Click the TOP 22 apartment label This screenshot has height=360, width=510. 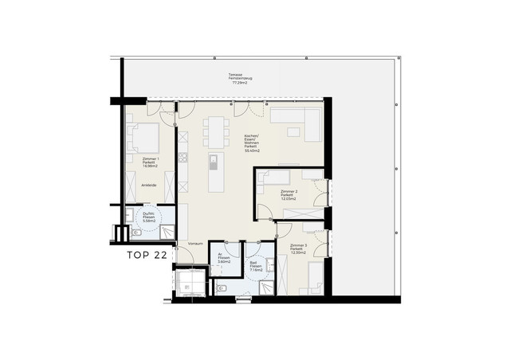[147, 256]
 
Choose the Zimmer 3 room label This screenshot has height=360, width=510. [299, 248]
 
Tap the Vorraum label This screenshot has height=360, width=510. [196, 244]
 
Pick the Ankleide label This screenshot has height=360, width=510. [149, 185]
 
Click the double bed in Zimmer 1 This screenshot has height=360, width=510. [143, 140]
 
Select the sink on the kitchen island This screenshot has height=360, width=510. [213, 162]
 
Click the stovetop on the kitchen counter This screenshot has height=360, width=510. [182, 158]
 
